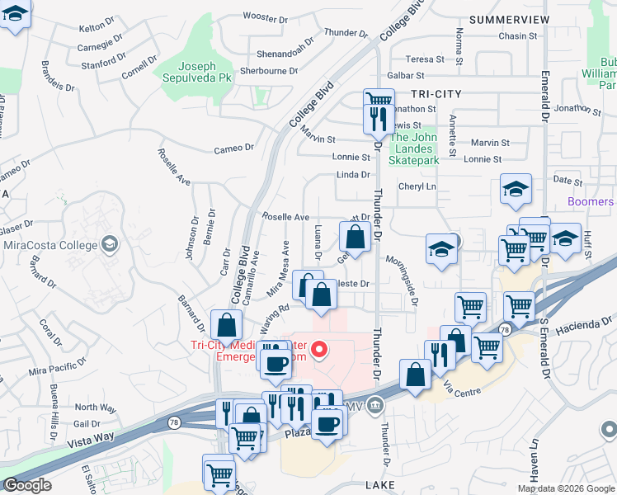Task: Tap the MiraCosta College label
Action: click(x=50, y=244)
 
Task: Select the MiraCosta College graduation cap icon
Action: click(x=109, y=244)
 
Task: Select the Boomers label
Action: click(x=591, y=201)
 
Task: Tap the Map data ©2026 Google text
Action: click(x=566, y=488)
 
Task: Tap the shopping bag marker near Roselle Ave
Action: click(x=355, y=238)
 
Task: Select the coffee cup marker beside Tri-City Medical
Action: click(x=276, y=361)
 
